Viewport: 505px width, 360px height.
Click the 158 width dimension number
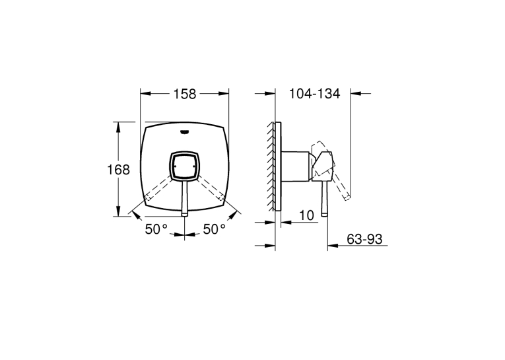point(185,94)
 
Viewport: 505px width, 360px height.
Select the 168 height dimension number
point(118,170)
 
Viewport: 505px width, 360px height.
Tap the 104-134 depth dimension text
point(314,93)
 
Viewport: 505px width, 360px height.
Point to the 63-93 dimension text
point(364,239)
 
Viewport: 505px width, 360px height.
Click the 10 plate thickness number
point(306,215)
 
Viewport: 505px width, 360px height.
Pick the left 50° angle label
point(156,229)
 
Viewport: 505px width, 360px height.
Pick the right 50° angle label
point(214,229)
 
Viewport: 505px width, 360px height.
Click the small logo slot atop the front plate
point(185,131)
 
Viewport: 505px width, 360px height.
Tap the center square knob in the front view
point(185,166)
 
